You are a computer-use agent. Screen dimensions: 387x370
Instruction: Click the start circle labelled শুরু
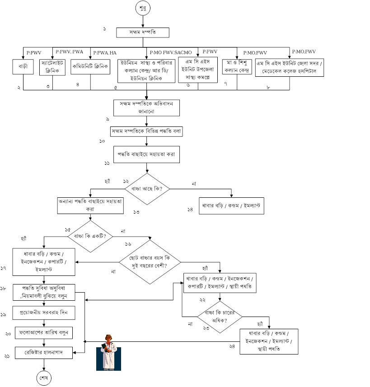coord(142,8)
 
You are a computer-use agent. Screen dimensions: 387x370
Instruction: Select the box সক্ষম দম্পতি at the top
coord(142,33)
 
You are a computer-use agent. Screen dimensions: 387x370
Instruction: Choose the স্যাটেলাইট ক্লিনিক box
coord(53,66)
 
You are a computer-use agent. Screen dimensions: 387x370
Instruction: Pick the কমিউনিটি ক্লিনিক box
coord(91,66)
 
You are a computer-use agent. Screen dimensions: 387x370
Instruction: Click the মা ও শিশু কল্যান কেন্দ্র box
coord(236,66)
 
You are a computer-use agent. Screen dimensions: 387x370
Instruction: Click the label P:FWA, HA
coord(105,53)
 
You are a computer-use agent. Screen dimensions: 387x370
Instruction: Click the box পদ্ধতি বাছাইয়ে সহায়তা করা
coord(146,154)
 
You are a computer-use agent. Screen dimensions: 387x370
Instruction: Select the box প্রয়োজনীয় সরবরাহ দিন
coord(44,312)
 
